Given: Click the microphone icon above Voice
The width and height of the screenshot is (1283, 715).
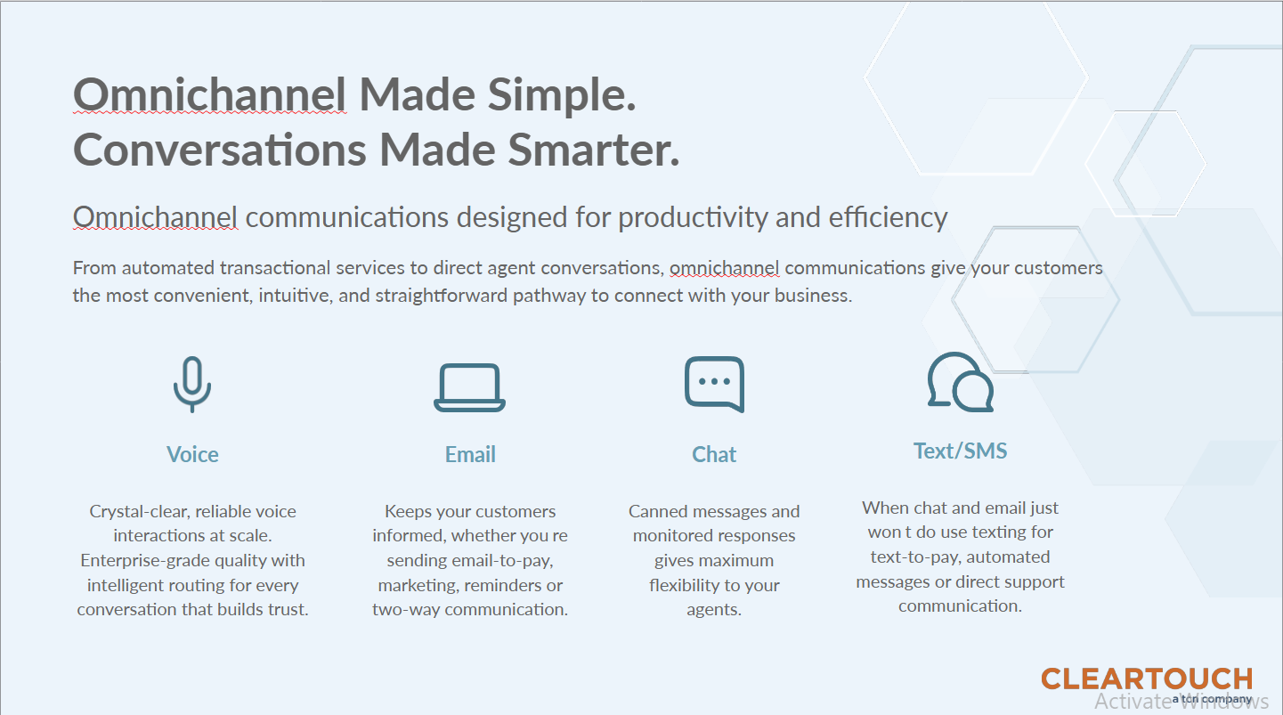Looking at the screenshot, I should (x=192, y=384).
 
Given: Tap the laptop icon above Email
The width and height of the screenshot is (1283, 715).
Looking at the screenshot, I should (x=469, y=387).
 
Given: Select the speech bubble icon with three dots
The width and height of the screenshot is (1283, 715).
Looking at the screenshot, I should (x=714, y=384).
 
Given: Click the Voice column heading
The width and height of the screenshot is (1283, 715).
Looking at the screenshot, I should (x=192, y=454).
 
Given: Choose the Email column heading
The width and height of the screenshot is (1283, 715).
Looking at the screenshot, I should (x=470, y=454).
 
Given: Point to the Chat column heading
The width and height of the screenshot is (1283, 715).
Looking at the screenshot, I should (x=714, y=454).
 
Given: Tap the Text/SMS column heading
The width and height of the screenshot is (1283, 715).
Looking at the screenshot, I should (x=960, y=451).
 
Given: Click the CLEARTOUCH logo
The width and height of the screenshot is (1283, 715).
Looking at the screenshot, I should (x=1146, y=679).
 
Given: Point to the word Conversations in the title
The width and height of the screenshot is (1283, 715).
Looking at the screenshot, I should (x=219, y=150).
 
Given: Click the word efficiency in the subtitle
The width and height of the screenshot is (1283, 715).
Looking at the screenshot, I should (x=888, y=217).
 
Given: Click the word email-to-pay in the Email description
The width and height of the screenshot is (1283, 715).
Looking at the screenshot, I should (x=506, y=560).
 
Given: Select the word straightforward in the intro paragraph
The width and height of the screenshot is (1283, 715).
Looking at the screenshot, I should (x=442, y=296).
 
